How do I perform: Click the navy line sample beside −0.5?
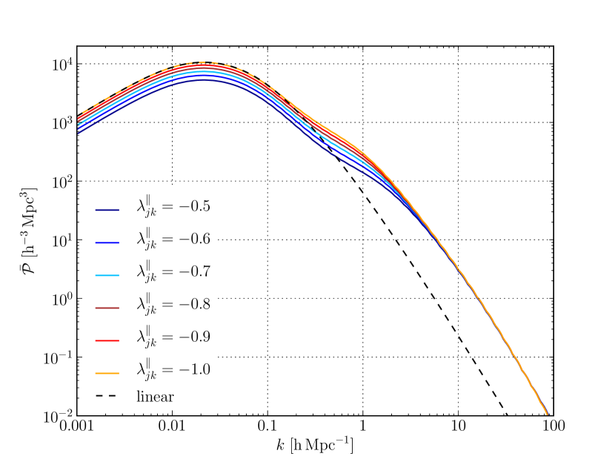pos(107,210)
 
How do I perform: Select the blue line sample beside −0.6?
pos(107,242)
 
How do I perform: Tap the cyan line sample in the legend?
pos(107,275)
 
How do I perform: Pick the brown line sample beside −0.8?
pos(107,308)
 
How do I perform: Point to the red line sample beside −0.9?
pos(107,340)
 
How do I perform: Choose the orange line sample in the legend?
pos(107,373)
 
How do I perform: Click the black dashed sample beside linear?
pos(107,397)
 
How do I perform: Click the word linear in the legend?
pos(155,397)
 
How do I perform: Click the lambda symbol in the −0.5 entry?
pos(140,206)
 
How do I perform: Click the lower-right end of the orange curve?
pos(547,413)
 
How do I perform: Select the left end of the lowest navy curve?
pos(79,133)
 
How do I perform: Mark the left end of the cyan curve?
pos(79,124)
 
